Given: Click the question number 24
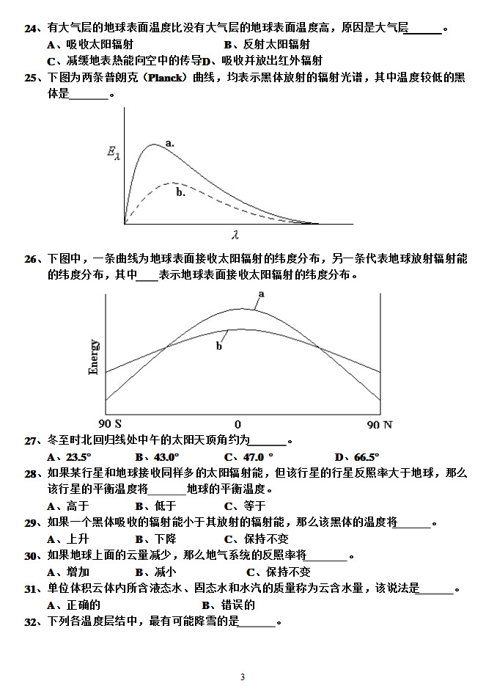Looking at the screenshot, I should pos(30,29).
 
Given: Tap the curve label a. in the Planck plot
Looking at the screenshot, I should pos(169,143).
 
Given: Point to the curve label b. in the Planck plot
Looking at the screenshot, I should pos(180,192).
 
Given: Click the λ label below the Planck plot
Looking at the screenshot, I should pos(235,235).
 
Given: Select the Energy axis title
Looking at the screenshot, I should pos(94,357).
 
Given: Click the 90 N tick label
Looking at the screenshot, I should pos(380,424).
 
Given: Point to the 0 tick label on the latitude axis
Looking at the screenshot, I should pos(238,424).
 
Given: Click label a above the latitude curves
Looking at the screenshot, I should pos(260,294).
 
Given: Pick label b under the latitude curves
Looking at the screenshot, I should pos(218,346).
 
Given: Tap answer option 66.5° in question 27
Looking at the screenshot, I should pos(365,456).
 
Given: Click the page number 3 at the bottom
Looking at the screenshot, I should pos(242,676).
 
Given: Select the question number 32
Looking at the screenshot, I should pos(30,622).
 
